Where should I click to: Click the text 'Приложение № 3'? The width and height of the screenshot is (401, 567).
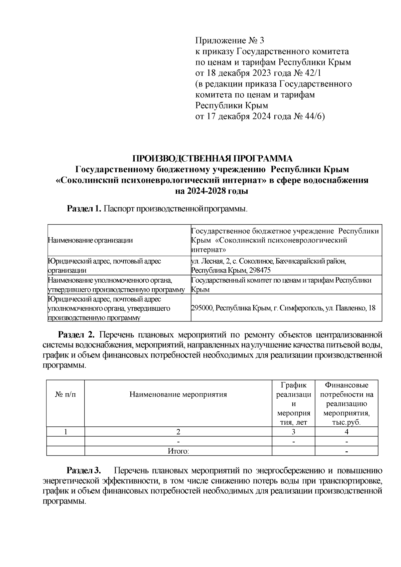click(230, 41)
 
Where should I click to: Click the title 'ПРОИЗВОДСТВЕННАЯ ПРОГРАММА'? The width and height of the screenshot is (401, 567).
click(212, 158)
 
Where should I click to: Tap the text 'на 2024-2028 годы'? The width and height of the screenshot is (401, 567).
click(212, 191)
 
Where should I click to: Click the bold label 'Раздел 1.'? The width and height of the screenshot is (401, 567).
click(84, 209)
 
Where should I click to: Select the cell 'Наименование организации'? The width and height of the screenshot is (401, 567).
click(90, 240)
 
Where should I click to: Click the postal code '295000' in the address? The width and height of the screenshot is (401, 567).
click(202, 308)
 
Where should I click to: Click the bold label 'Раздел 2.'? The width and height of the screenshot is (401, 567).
click(77, 335)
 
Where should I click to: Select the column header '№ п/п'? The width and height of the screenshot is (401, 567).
click(65, 395)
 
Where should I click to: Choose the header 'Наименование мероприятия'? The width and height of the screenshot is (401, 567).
click(178, 395)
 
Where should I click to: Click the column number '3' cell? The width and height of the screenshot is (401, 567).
click(293, 432)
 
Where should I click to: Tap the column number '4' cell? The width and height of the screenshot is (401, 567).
click(347, 432)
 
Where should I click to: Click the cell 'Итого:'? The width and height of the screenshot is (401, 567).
click(178, 451)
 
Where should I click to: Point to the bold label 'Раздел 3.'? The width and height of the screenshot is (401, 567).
click(84, 471)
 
